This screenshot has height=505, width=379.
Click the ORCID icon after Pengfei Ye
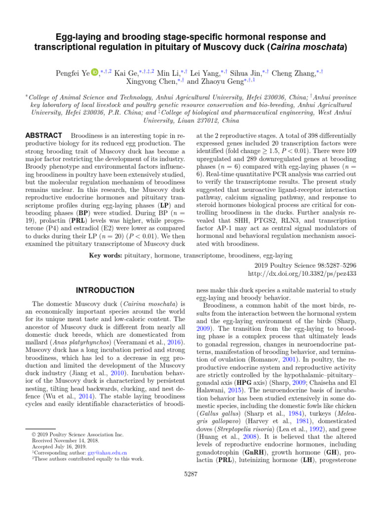95,73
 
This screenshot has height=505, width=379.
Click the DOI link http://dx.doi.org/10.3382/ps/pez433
302,273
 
